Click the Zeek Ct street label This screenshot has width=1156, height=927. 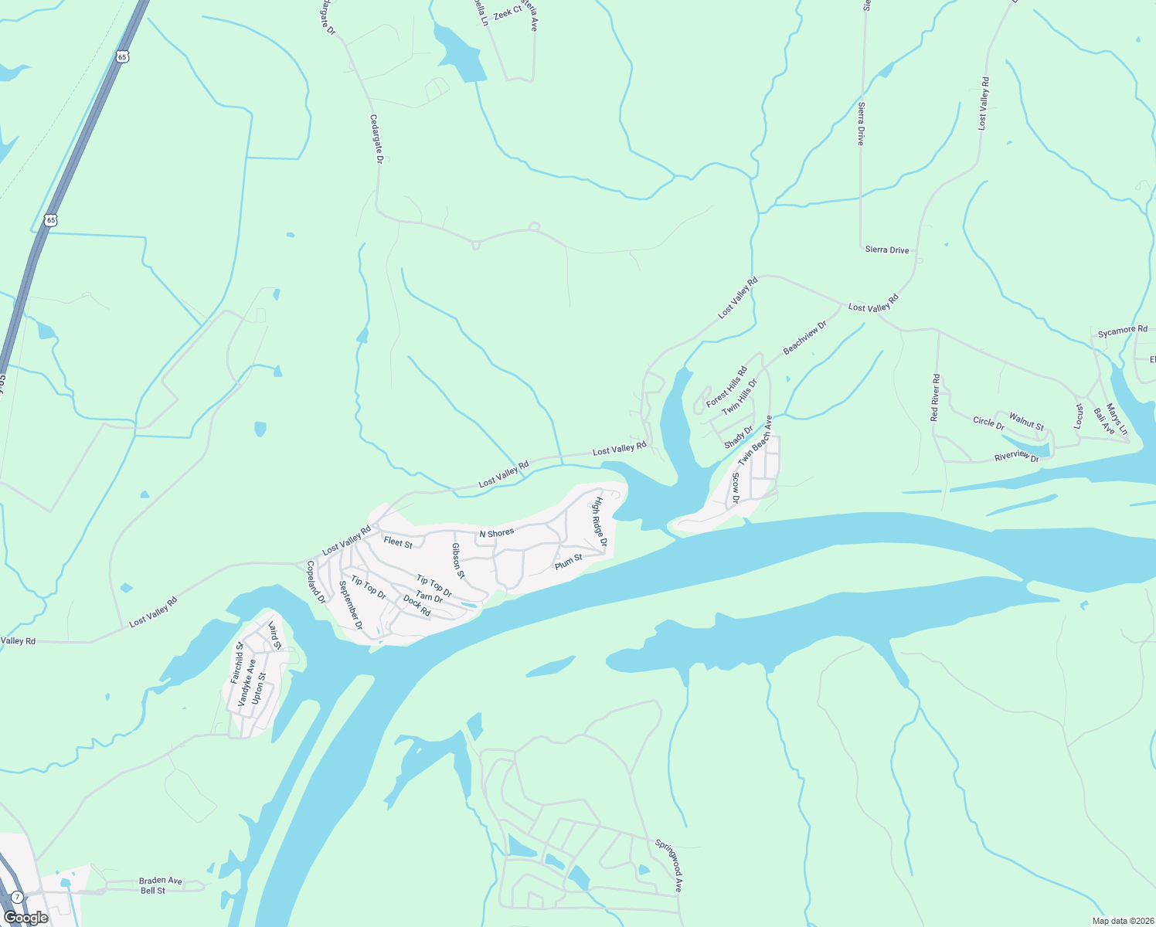pyautogui.click(x=508, y=12)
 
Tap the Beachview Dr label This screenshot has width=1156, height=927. pyautogui.click(x=804, y=338)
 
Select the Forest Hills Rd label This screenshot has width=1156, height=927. pyautogui.click(x=726, y=386)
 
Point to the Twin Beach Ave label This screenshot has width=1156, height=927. pyautogui.click(x=755, y=441)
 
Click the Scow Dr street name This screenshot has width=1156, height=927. pyautogui.click(x=736, y=488)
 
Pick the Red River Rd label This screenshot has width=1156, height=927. pyautogui.click(x=936, y=398)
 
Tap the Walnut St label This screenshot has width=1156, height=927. pyautogui.click(x=1026, y=422)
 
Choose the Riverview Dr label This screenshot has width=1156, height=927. pyautogui.click(x=1017, y=457)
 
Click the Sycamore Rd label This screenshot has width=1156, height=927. pyautogui.click(x=1122, y=331)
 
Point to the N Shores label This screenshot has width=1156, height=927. pyautogui.click(x=496, y=533)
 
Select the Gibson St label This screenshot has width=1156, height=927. pyautogui.click(x=458, y=560)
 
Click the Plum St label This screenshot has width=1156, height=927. pyautogui.click(x=568, y=562)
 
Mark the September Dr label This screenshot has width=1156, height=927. pyautogui.click(x=351, y=605)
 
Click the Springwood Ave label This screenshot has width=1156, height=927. pyautogui.click(x=669, y=866)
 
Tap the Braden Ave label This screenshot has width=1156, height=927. pyautogui.click(x=161, y=881)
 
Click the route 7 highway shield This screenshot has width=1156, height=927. pyautogui.click(x=17, y=897)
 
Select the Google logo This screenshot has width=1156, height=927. pyautogui.click(x=26, y=918)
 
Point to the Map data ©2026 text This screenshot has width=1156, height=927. pyautogui.click(x=1121, y=921)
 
